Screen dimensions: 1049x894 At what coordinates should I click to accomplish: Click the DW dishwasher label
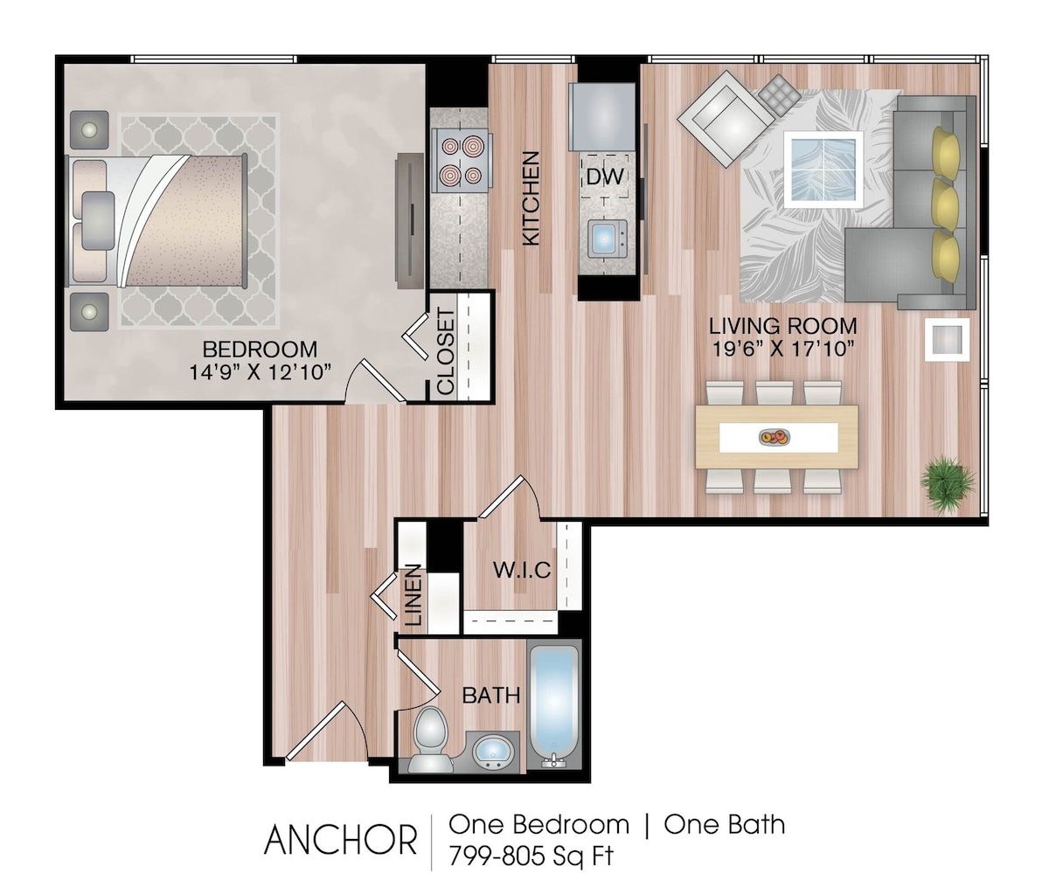pos(604,177)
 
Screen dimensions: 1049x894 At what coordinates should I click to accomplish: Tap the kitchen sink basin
pos(608,239)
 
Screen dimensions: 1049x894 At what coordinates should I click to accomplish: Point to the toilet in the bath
pos(429,739)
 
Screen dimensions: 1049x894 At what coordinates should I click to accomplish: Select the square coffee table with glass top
pos(823,169)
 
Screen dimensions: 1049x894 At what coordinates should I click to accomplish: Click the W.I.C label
pos(522,571)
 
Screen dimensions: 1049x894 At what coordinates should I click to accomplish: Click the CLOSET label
pos(446,351)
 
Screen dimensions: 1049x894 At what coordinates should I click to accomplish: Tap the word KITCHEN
pos(531,198)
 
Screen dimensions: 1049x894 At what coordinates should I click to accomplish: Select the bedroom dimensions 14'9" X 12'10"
pos(260,372)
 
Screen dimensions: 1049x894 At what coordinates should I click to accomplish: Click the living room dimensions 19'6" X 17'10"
pos(782,349)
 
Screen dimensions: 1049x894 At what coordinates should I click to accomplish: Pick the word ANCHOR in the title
pos(340,840)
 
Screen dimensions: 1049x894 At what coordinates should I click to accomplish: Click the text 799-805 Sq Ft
pos(531,856)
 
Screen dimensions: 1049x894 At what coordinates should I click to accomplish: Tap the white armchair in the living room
pos(726,119)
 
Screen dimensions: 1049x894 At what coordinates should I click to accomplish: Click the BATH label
pos(491,696)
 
